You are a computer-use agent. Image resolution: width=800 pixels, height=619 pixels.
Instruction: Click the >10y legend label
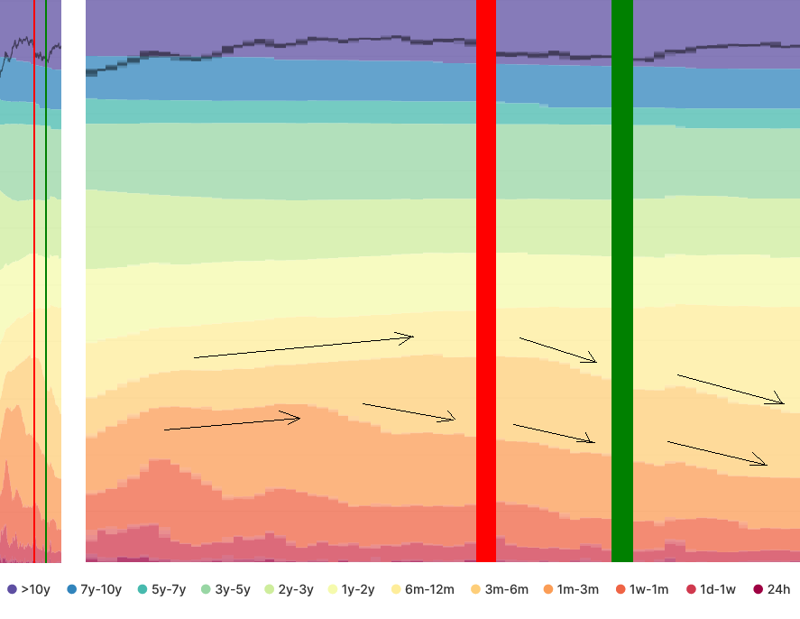point(36,590)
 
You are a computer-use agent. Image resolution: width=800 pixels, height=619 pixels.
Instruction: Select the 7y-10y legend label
point(101,590)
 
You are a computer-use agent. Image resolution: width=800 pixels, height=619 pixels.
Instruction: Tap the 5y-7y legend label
point(169,590)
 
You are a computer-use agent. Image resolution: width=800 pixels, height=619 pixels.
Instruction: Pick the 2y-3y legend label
point(296,590)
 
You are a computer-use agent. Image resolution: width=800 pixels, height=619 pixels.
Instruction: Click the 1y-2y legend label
point(358,590)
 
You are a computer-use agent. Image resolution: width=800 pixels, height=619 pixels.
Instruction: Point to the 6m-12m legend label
point(429,590)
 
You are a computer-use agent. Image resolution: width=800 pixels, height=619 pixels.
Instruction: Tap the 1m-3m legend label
point(577,590)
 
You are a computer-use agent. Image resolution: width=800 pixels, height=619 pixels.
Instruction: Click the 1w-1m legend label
point(648,590)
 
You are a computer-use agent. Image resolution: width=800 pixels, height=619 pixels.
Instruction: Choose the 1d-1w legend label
point(718,590)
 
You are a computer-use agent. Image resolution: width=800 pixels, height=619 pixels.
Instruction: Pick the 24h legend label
point(778,590)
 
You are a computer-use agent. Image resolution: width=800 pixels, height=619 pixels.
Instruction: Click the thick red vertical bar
point(486,271)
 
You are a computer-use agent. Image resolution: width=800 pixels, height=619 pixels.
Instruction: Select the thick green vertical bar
point(622,271)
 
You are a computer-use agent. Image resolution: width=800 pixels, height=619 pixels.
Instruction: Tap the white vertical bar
point(73,271)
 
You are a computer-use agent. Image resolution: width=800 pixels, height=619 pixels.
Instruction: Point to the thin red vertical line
point(34,271)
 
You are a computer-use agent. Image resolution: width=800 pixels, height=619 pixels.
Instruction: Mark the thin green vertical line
point(46,271)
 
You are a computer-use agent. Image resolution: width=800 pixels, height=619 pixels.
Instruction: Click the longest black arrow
point(303,347)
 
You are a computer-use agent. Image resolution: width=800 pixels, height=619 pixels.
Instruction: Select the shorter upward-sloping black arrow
point(232,423)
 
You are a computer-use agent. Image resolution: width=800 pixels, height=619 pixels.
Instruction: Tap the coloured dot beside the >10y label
point(12,590)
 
